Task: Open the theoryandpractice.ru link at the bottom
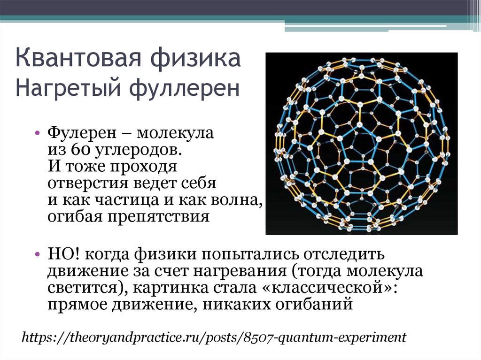coord(214,337)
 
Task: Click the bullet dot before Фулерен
coord(38,133)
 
